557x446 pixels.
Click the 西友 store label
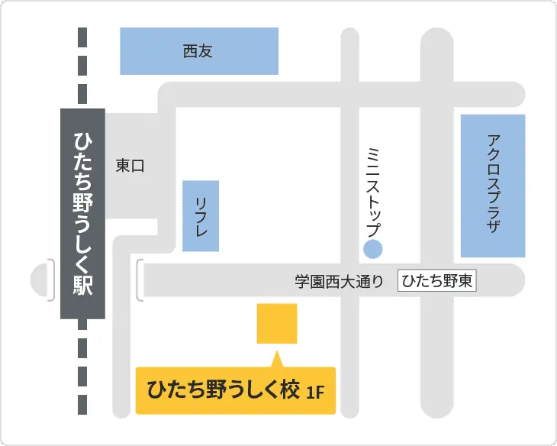(x=198, y=52)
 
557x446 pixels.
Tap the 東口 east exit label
(x=130, y=165)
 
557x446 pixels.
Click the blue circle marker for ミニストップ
(x=372, y=249)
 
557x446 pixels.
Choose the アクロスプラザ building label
(x=493, y=183)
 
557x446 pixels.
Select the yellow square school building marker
(x=277, y=323)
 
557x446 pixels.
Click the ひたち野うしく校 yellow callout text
(x=221, y=391)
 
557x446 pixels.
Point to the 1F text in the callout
(x=315, y=393)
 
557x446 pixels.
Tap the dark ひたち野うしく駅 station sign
(x=82, y=213)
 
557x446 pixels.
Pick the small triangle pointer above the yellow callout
(x=277, y=359)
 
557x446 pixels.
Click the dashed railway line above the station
(x=82, y=69)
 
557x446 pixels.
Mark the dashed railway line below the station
(x=82, y=367)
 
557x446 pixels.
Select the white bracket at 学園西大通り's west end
(x=140, y=280)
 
